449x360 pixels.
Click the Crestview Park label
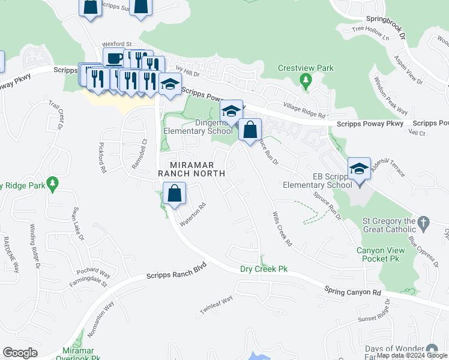pyautogui.click(x=306, y=68)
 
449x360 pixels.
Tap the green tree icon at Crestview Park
pyautogui.click(x=306, y=80)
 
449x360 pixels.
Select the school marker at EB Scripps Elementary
pyautogui.click(x=359, y=167)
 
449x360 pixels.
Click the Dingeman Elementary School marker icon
pyautogui.click(x=231, y=110)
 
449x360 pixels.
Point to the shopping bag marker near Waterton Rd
pyautogui.click(x=173, y=193)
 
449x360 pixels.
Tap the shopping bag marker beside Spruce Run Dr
pyautogui.click(x=250, y=128)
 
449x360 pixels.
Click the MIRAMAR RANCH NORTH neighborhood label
pyautogui.click(x=191, y=169)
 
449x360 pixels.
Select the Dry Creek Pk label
pyautogui.click(x=264, y=269)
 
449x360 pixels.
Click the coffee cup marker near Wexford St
pyautogui.click(x=113, y=58)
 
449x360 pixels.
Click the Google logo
pyautogui.click(x=20, y=353)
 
